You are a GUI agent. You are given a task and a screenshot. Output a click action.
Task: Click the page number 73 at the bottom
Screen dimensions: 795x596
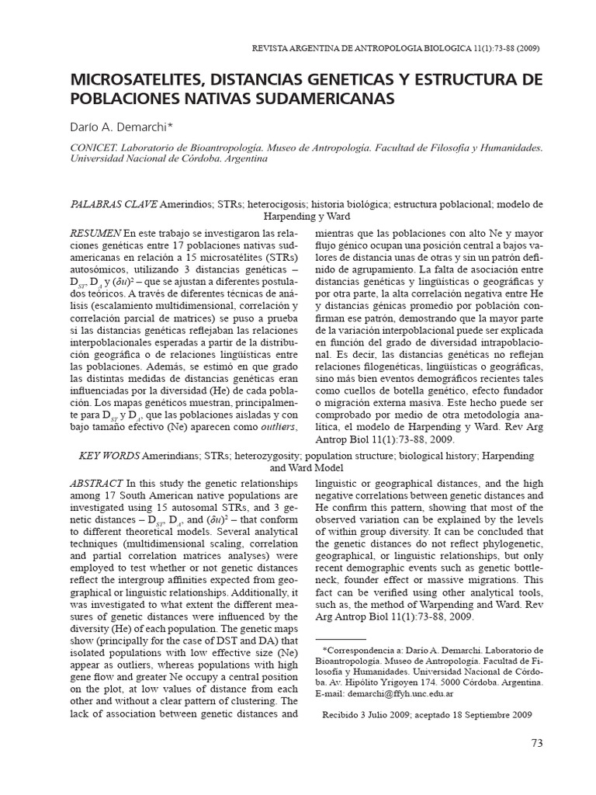click(x=536, y=743)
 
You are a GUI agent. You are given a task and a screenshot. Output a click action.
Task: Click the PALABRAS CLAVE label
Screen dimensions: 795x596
click(x=113, y=204)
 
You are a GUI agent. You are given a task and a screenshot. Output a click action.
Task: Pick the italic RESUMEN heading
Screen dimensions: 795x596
click(x=95, y=232)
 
